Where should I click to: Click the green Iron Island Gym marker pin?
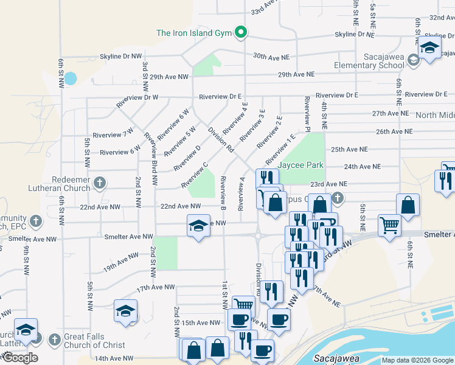pyautogui.click(x=241, y=32)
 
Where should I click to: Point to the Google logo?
pyautogui.click(x=19, y=358)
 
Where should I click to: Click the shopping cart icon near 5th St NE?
pyautogui.click(x=389, y=225)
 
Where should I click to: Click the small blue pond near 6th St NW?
pyautogui.click(x=71, y=78)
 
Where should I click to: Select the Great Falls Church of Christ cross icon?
pyautogui.click(x=55, y=338)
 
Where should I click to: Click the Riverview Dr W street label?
pyautogui.click(x=137, y=97)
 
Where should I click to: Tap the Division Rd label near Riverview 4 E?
pyautogui.click(x=220, y=139)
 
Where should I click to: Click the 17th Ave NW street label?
pyautogui.click(x=155, y=287)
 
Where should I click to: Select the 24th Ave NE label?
pyautogui.click(x=362, y=166)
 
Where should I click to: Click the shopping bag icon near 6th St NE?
pyautogui.click(x=408, y=206)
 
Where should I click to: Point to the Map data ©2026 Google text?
pyautogui.click(x=417, y=360)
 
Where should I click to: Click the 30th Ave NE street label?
pyautogui.click(x=271, y=56)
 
